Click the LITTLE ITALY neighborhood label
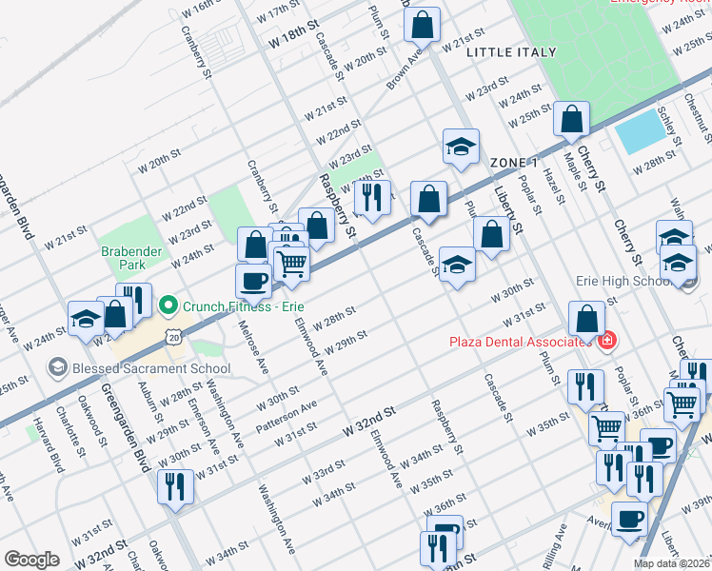click(504, 53)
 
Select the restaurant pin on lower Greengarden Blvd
click(175, 487)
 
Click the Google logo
click(31, 560)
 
